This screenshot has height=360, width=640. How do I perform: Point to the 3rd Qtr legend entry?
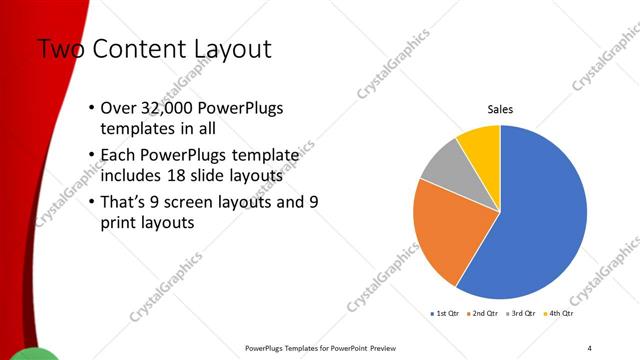click(x=521, y=314)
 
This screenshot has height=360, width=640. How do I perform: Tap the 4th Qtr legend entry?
click(x=559, y=314)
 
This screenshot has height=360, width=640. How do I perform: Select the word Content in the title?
click(x=141, y=48)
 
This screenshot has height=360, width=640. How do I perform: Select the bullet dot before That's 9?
click(x=92, y=202)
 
